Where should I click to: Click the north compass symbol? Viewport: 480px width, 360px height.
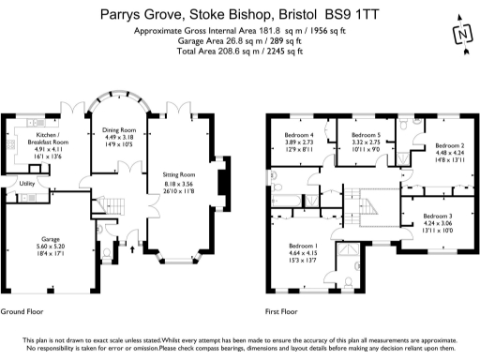pyautogui.click(x=460, y=34)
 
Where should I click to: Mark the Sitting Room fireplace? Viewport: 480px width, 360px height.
pyautogui.click(x=221, y=179)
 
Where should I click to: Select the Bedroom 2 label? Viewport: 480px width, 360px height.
pyautogui.click(x=450, y=146)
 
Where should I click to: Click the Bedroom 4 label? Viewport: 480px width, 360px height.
pyautogui.click(x=299, y=134)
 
